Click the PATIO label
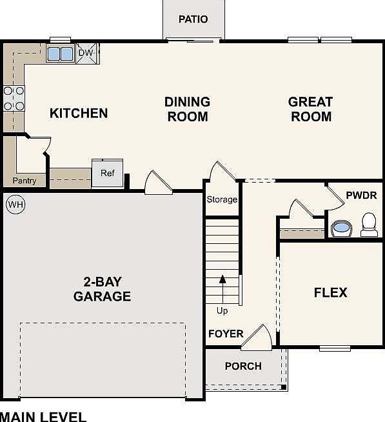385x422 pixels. pyautogui.click(x=193, y=19)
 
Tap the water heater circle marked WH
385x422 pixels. pyautogui.click(x=15, y=205)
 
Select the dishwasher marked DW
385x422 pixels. pyautogui.click(x=86, y=53)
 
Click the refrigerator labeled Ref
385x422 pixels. pyautogui.click(x=107, y=173)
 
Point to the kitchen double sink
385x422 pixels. pyautogui.click(x=60, y=54)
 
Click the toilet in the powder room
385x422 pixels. pyautogui.click(x=369, y=225)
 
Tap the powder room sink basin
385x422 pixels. pyautogui.click(x=341, y=228)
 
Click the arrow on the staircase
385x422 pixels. pyautogui.click(x=222, y=290)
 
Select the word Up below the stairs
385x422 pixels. pyautogui.click(x=222, y=311)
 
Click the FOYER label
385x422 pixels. pyautogui.click(x=226, y=334)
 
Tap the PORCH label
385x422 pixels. pyautogui.click(x=243, y=366)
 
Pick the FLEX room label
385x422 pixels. pyautogui.click(x=331, y=292)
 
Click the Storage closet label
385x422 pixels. pyautogui.click(x=222, y=199)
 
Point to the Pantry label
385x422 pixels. pyautogui.click(x=25, y=181)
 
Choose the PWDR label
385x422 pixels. pyautogui.click(x=361, y=196)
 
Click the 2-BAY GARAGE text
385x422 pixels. pyautogui.click(x=103, y=289)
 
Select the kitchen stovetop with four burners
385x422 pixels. pyautogui.click(x=14, y=98)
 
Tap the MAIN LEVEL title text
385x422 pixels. pyautogui.click(x=43, y=417)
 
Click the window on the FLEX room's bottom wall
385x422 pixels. pyautogui.click(x=335, y=348)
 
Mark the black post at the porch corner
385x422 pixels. pyautogui.click(x=284, y=387)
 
